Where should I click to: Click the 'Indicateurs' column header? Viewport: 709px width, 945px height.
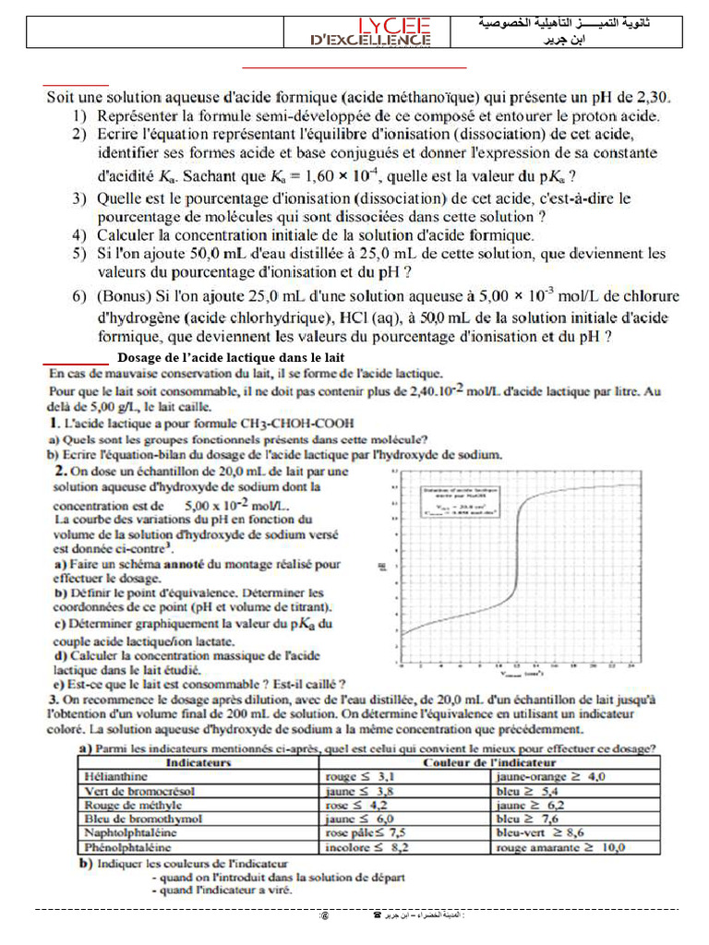coord(198,764)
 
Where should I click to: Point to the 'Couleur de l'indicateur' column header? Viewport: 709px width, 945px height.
coord(489,764)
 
